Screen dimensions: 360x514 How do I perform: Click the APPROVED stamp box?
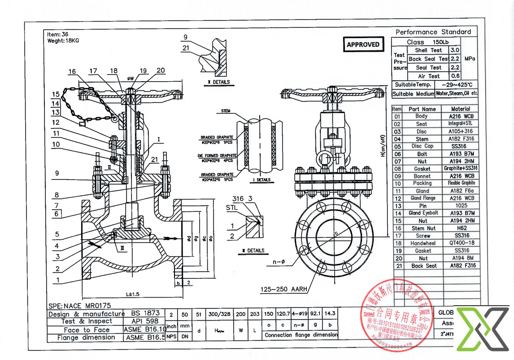pos(363,44)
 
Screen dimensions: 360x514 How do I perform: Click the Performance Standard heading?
pos(433,32)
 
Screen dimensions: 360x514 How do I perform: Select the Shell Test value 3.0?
pos(455,50)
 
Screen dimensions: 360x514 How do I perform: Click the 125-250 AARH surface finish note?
pos(284,290)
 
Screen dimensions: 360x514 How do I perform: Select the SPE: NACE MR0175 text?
pos(79,305)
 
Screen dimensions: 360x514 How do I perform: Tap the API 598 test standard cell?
pos(145,321)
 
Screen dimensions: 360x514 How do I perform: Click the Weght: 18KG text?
pos(63,40)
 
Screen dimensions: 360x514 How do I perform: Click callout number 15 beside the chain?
pos(56,94)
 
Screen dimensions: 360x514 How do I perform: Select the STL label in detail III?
pos(232,207)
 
